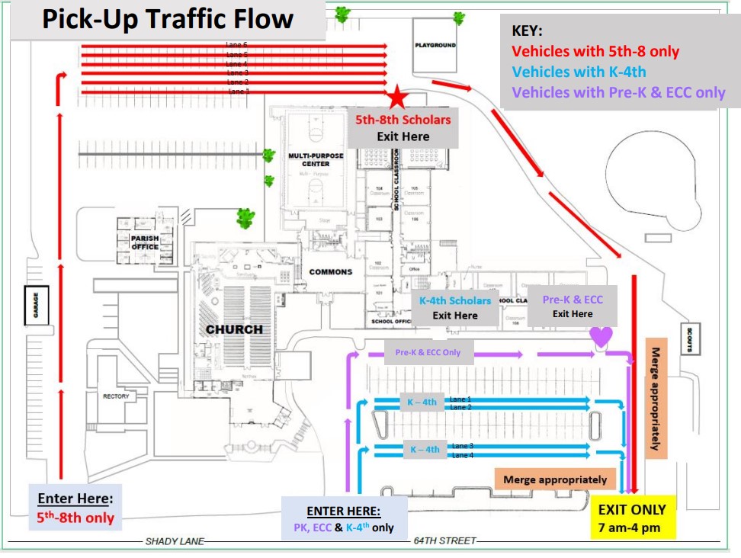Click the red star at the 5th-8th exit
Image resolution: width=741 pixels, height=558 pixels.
point(397,98)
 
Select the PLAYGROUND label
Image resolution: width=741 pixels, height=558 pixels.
point(435,45)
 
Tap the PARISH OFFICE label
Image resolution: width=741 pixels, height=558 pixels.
point(145,242)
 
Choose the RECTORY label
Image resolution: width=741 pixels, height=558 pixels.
point(116,396)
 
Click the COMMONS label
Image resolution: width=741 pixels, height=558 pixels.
point(331,272)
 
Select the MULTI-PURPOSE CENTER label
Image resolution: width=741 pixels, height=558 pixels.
point(316,160)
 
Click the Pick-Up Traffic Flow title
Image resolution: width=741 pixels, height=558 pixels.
point(168,20)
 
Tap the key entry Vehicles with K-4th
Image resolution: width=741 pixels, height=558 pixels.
point(579,72)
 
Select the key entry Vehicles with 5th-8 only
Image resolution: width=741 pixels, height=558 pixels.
point(595,52)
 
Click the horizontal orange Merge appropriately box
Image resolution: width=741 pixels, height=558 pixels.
point(555,479)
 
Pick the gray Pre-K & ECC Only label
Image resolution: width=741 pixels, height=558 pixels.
point(428,353)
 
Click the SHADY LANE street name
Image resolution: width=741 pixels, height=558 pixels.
point(175,541)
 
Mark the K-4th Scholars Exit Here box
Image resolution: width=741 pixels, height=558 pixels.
point(455,308)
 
